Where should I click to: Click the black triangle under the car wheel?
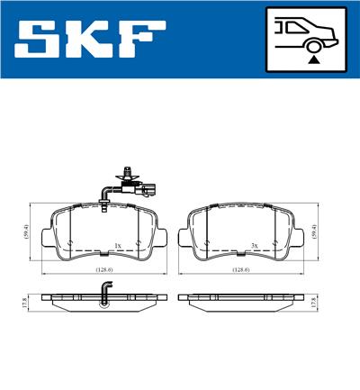click(x=312, y=59)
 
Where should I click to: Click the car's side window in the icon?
click(x=292, y=27)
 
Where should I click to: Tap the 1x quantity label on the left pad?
click(x=118, y=245)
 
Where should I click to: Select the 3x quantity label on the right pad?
click(x=255, y=245)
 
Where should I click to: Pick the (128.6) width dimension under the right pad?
click(x=238, y=268)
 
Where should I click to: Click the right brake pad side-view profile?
click(x=238, y=298)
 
